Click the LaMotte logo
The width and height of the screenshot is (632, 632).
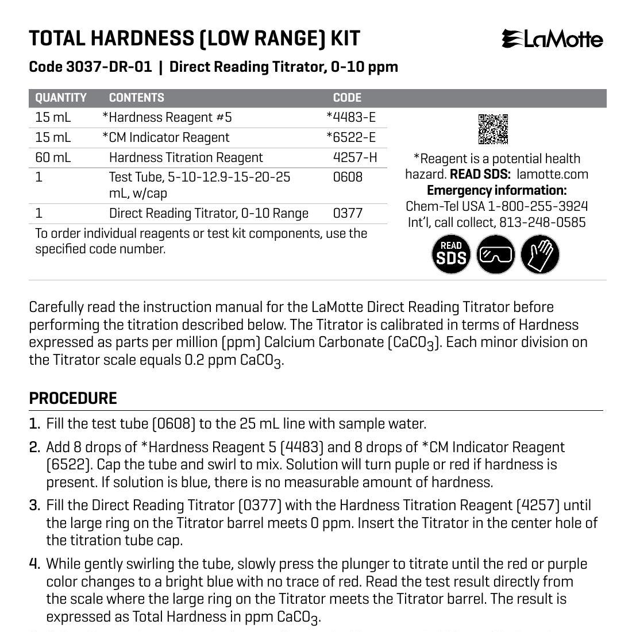(x=552, y=40)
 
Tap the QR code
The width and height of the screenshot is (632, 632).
(x=493, y=129)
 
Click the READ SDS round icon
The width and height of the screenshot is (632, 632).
(x=451, y=254)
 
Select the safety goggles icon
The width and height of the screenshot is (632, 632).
(x=496, y=254)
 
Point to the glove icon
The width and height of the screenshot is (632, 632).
(x=540, y=254)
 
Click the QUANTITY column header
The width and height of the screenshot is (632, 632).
(x=61, y=98)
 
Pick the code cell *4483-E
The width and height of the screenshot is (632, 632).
(x=351, y=117)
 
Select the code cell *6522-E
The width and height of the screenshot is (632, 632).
(x=351, y=137)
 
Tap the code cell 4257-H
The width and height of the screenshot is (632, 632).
(x=355, y=157)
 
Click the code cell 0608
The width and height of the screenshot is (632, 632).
(x=348, y=177)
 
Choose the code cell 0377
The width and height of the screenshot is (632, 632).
(x=348, y=214)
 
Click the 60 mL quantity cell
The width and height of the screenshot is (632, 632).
(x=53, y=157)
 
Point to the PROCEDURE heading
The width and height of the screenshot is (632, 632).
(x=73, y=398)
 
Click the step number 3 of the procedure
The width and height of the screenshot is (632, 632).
(x=34, y=506)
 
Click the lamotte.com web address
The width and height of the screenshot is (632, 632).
(x=552, y=175)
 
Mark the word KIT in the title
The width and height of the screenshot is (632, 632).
(x=345, y=38)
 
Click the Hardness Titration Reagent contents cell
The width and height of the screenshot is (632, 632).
(x=186, y=157)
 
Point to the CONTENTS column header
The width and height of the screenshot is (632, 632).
(x=136, y=98)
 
